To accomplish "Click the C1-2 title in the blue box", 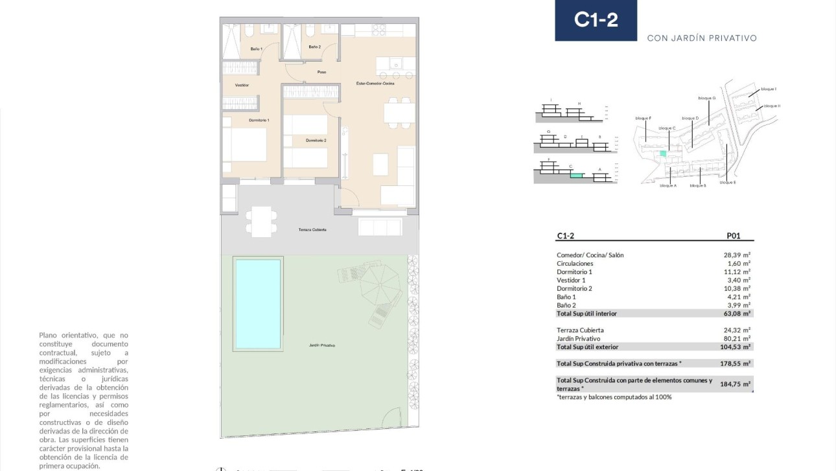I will (x=596, y=20).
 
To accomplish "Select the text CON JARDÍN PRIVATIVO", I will (x=702, y=38).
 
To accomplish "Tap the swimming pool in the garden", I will (x=258, y=304).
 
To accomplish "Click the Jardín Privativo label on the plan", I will (x=322, y=345).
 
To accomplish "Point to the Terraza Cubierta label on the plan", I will (x=312, y=230).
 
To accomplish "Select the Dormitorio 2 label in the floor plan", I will (x=316, y=141).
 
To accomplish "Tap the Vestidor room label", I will (x=242, y=86).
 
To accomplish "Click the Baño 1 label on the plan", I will (x=257, y=49).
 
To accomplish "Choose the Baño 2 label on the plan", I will (x=314, y=47).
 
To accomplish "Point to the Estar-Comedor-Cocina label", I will (x=375, y=84).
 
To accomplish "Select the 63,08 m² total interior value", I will (x=737, y=314).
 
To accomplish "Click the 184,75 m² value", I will (x=735, y=384).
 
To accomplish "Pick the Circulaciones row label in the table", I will (x=574, y=264).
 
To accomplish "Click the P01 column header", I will (x=735, y=236).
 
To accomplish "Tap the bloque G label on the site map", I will (x=706, y=98).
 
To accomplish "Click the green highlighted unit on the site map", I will (x=662, y=154).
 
